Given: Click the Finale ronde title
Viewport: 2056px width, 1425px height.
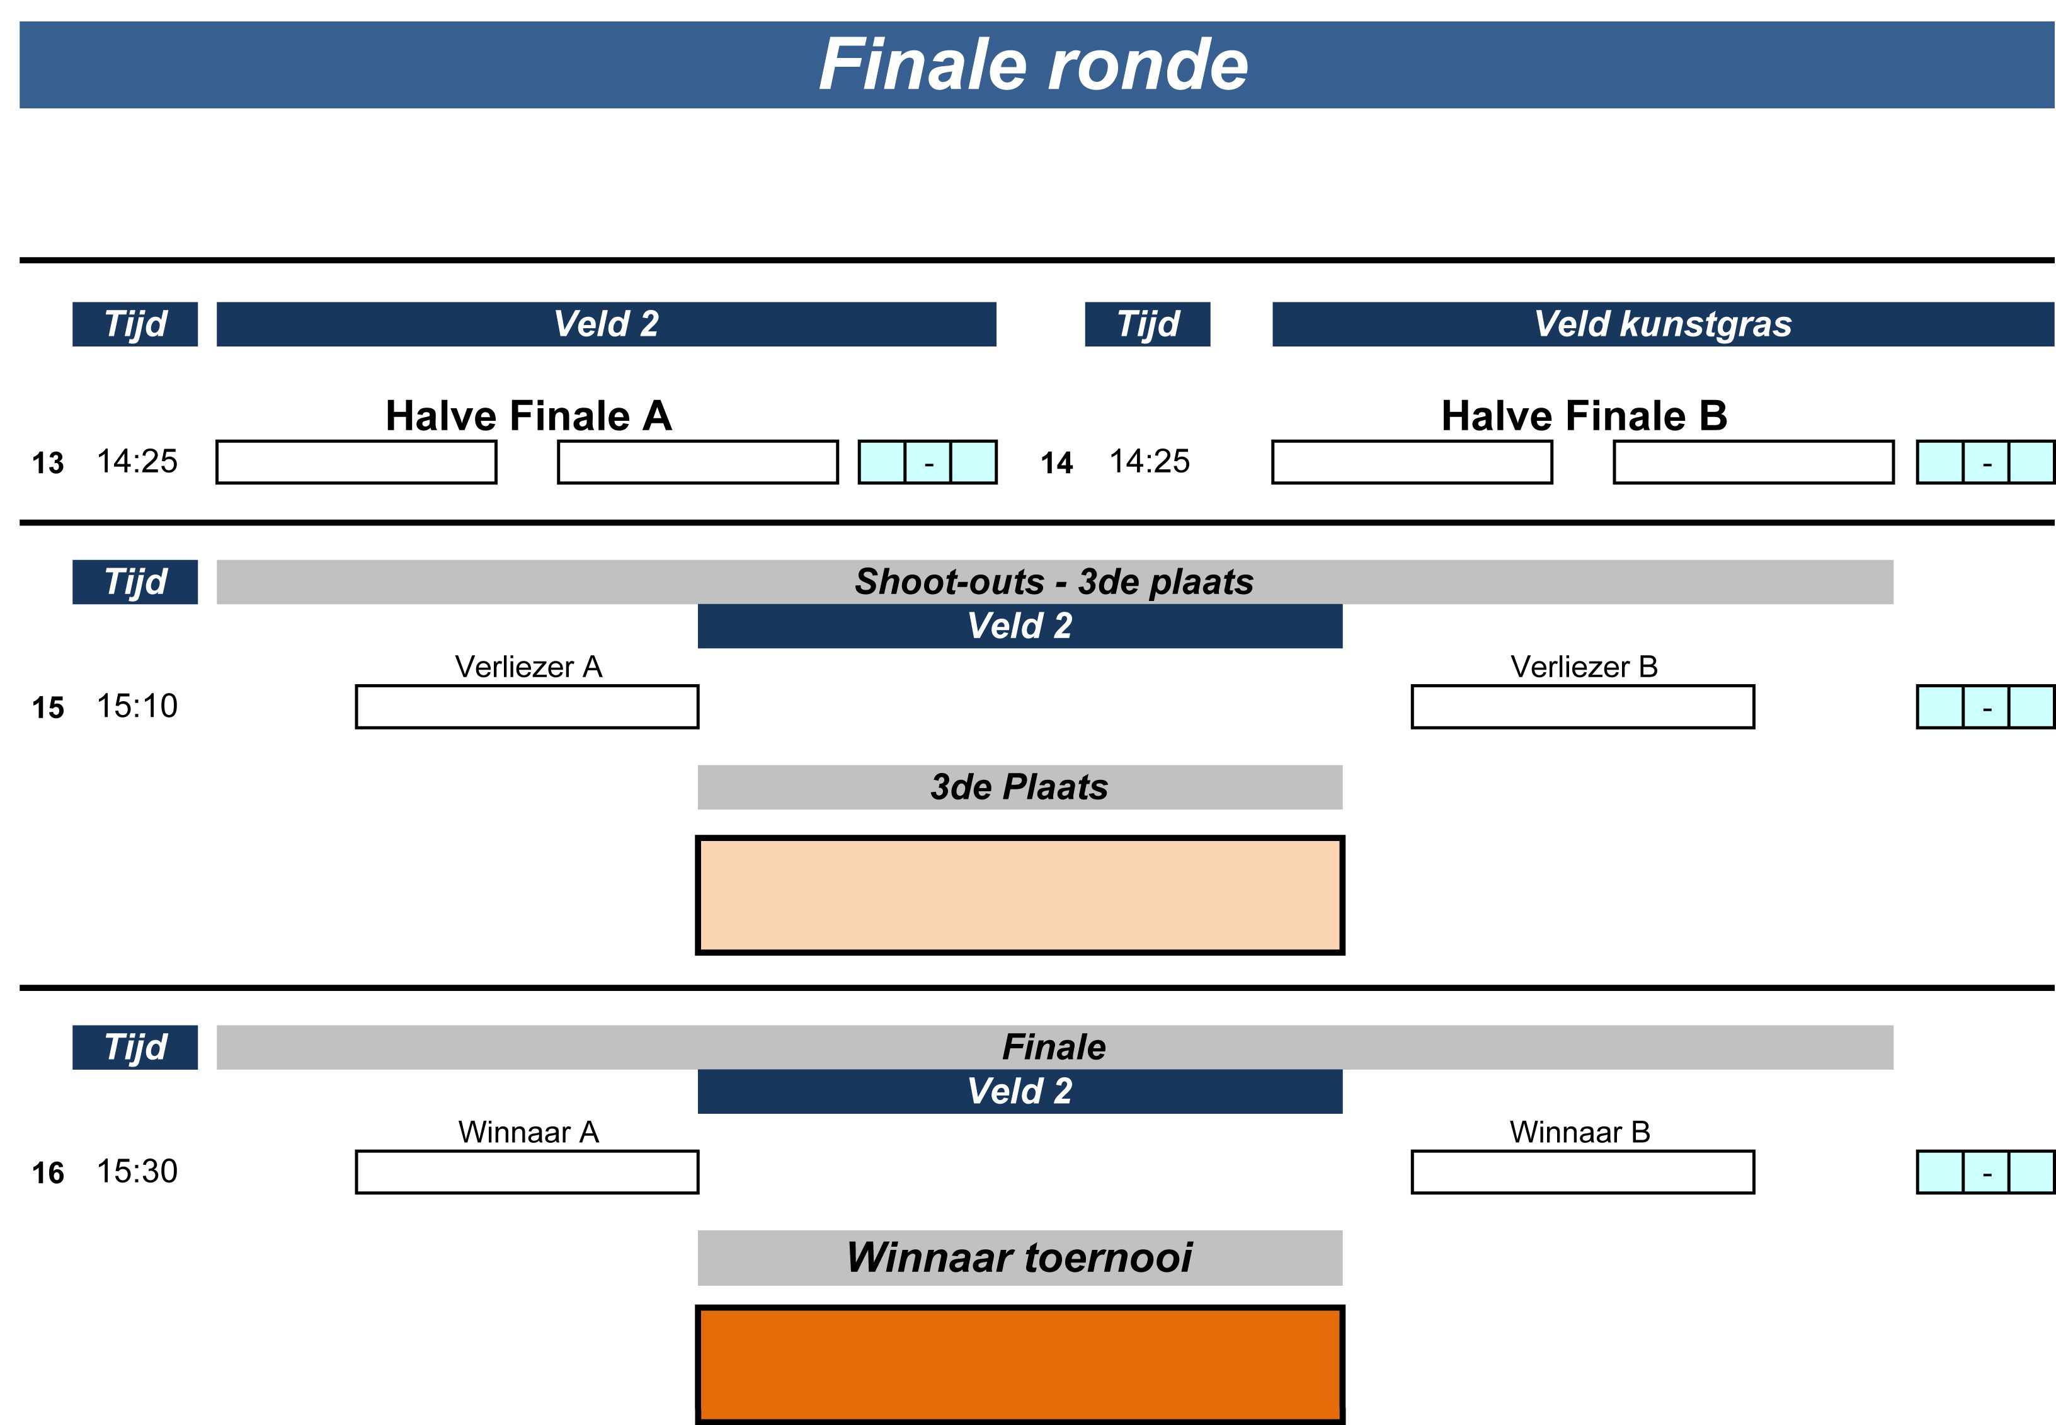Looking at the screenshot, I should click(x=1033, y=65).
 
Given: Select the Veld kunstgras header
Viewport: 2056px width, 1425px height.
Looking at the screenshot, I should click(x=1662, y=324).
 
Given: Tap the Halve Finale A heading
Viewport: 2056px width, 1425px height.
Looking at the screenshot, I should click(x=528, y=416).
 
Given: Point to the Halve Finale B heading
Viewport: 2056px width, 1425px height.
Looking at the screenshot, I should click(x=1583, y=416).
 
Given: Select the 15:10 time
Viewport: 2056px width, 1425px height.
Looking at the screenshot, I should click(x=137, y=706).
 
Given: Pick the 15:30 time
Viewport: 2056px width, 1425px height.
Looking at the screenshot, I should click(x=137, y=1171).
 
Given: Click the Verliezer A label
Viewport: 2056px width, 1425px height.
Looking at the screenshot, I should click(x=528, y=667).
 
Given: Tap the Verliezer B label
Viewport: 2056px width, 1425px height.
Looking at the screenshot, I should click(x=1583, y=667).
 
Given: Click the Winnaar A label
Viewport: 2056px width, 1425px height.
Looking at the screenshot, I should click(x=528, y=1132).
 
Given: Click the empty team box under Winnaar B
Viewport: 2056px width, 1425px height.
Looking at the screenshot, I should click(x=1582, y=1172).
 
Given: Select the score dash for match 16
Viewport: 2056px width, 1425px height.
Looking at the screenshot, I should click(x=1985, y=1173).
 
